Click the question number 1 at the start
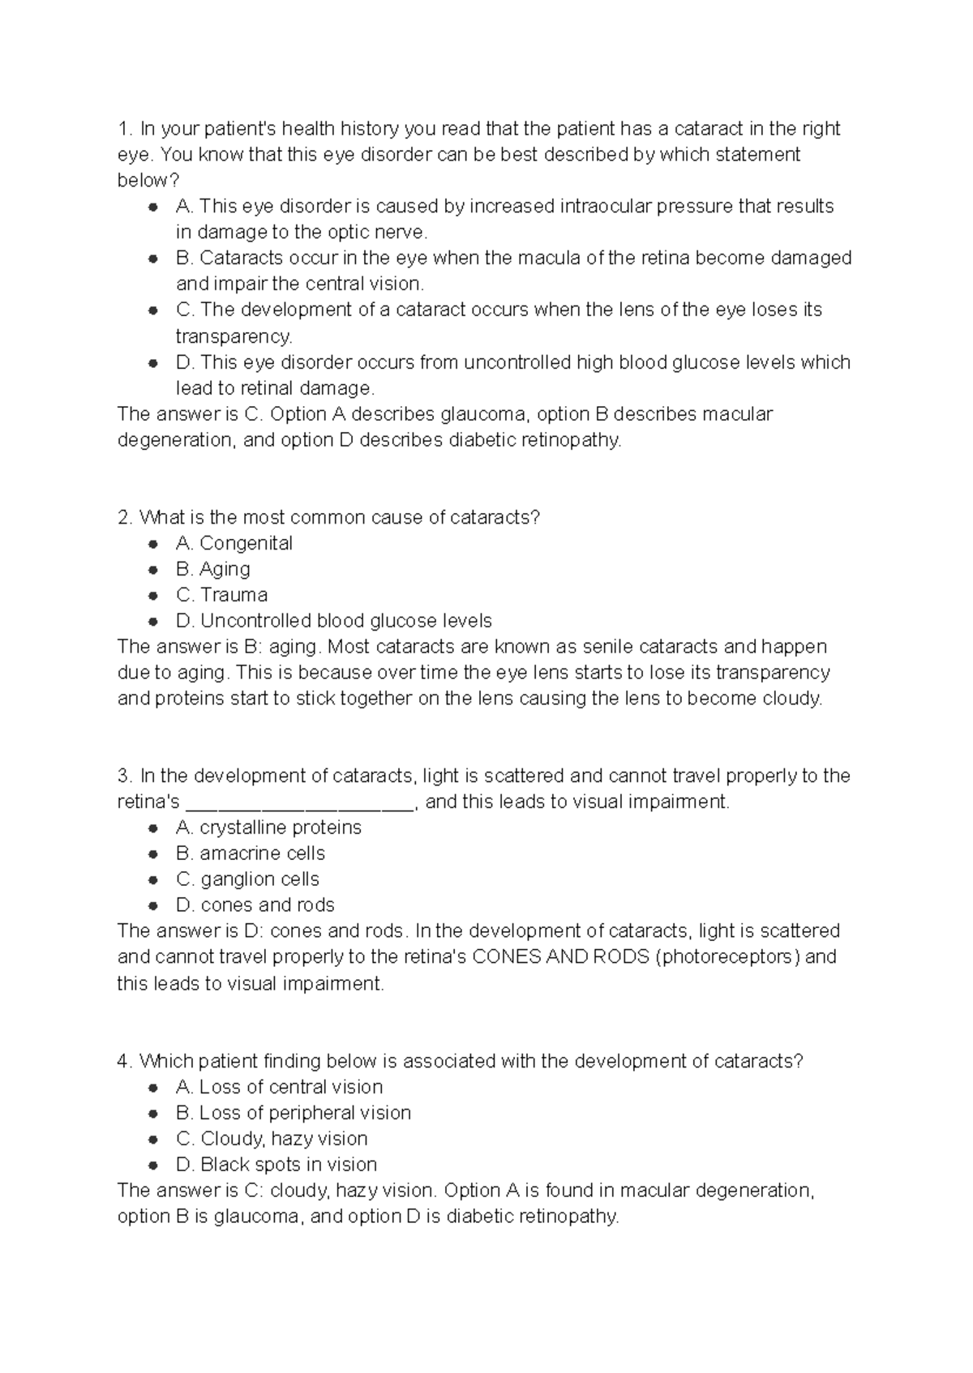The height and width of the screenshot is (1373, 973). coord(124,129)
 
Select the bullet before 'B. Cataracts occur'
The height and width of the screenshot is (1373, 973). coord(152,259)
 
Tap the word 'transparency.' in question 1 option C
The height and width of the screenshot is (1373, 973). coord(234,336)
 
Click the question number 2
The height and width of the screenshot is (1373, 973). coord(124,517)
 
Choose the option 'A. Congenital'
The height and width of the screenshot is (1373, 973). coord(234,543)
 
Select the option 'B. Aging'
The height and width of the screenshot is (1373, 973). coord(212,569)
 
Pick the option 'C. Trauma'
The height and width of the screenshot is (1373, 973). coord(221,595)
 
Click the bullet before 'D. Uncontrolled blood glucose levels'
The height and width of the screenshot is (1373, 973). coord(152,622)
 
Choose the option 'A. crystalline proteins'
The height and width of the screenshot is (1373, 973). coord(268,828)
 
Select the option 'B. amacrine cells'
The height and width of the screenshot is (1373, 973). coord(250,853)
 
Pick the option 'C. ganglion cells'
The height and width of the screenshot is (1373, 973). coord(247,879)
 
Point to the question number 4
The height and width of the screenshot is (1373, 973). coord(124,1061)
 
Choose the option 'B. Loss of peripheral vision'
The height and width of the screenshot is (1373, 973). coord(293,1113)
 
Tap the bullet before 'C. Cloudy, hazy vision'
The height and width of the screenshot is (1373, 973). coord(152,1140)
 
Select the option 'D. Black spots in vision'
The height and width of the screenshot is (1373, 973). coord(276,1165)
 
